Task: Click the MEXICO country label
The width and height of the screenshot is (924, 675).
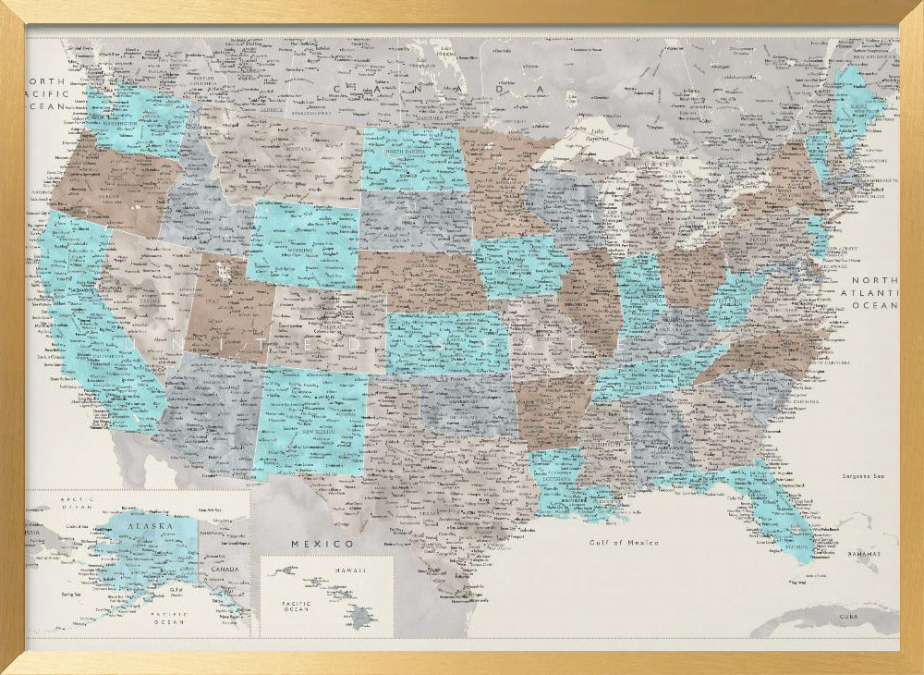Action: coord(322,543)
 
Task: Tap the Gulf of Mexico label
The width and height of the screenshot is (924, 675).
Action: coord(624,543)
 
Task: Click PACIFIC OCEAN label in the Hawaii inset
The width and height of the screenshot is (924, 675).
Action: coord(297,606)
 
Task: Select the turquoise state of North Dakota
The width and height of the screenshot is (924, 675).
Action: coord(414,159)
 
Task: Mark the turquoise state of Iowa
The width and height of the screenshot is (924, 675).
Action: coord(519,265)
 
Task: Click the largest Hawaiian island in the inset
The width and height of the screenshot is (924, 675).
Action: coord(362,617)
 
